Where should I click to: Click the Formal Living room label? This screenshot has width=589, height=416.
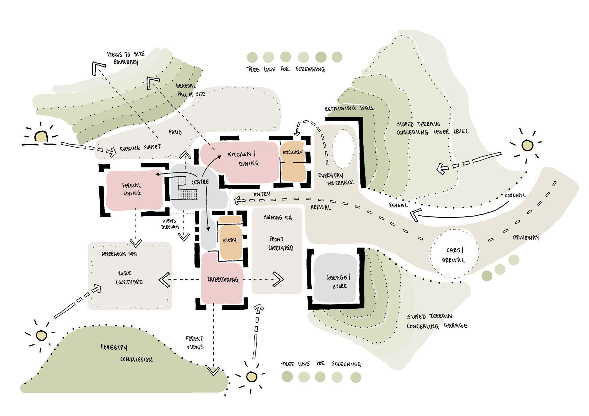pos(132,189)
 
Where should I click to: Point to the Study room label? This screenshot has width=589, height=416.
pos(230,240)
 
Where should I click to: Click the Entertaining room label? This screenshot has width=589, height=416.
pos(223,279)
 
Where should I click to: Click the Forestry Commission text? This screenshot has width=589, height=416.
pos(126,353)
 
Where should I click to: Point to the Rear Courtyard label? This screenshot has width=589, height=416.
pos(129,278)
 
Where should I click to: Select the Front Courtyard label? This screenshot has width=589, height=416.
pos(280,243)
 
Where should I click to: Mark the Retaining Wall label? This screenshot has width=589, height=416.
pos(349,108)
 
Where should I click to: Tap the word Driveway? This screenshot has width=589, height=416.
pos(526,237)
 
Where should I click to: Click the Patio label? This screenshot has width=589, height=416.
pos(175,132)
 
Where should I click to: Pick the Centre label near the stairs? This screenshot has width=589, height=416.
pos(200,182)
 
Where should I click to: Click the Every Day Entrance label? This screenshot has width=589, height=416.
pos(336,179)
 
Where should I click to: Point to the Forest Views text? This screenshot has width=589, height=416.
pos(194,343)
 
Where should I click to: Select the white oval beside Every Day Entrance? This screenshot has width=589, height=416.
pos(343,149)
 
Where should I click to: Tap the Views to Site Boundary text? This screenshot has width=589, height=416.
pos(126,58)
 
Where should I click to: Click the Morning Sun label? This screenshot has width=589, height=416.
pos(278,217)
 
